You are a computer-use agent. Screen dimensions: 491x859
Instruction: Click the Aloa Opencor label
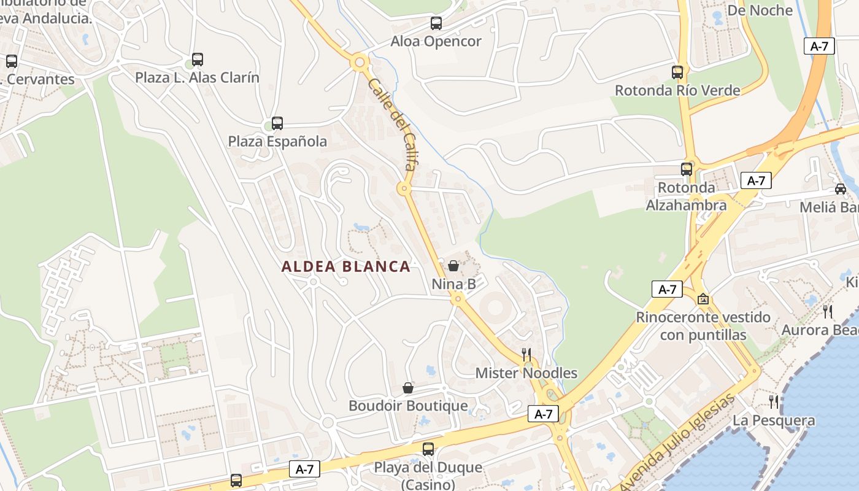point(436,42)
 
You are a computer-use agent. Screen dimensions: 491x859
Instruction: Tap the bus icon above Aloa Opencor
point(436,24)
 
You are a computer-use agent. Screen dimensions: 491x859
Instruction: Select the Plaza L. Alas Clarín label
point(197,78)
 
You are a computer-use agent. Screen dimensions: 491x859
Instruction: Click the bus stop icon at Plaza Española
point(277,123)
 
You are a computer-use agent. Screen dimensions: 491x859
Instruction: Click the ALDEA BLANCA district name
point(346,266)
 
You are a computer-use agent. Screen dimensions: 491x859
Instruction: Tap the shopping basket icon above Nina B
point(453,266)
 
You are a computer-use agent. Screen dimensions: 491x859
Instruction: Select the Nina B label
point(453,284)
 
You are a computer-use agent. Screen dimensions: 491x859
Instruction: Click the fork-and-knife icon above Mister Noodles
point(526,354)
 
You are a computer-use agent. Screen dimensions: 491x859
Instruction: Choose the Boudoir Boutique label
point(408,406)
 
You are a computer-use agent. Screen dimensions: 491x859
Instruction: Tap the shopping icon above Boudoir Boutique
point(408,388)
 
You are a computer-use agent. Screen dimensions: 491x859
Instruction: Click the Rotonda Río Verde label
point(677,91)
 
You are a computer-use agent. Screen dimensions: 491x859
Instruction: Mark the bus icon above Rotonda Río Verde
point(677,72)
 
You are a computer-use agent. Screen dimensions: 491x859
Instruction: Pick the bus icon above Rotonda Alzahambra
point(687,169)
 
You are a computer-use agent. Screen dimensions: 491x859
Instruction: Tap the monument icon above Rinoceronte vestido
point(703,300)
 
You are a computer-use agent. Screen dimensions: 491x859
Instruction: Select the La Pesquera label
point(774,421)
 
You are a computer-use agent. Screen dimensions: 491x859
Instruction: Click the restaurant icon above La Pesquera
point(774,402)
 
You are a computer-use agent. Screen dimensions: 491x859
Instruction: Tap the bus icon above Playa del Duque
point(428,449)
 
